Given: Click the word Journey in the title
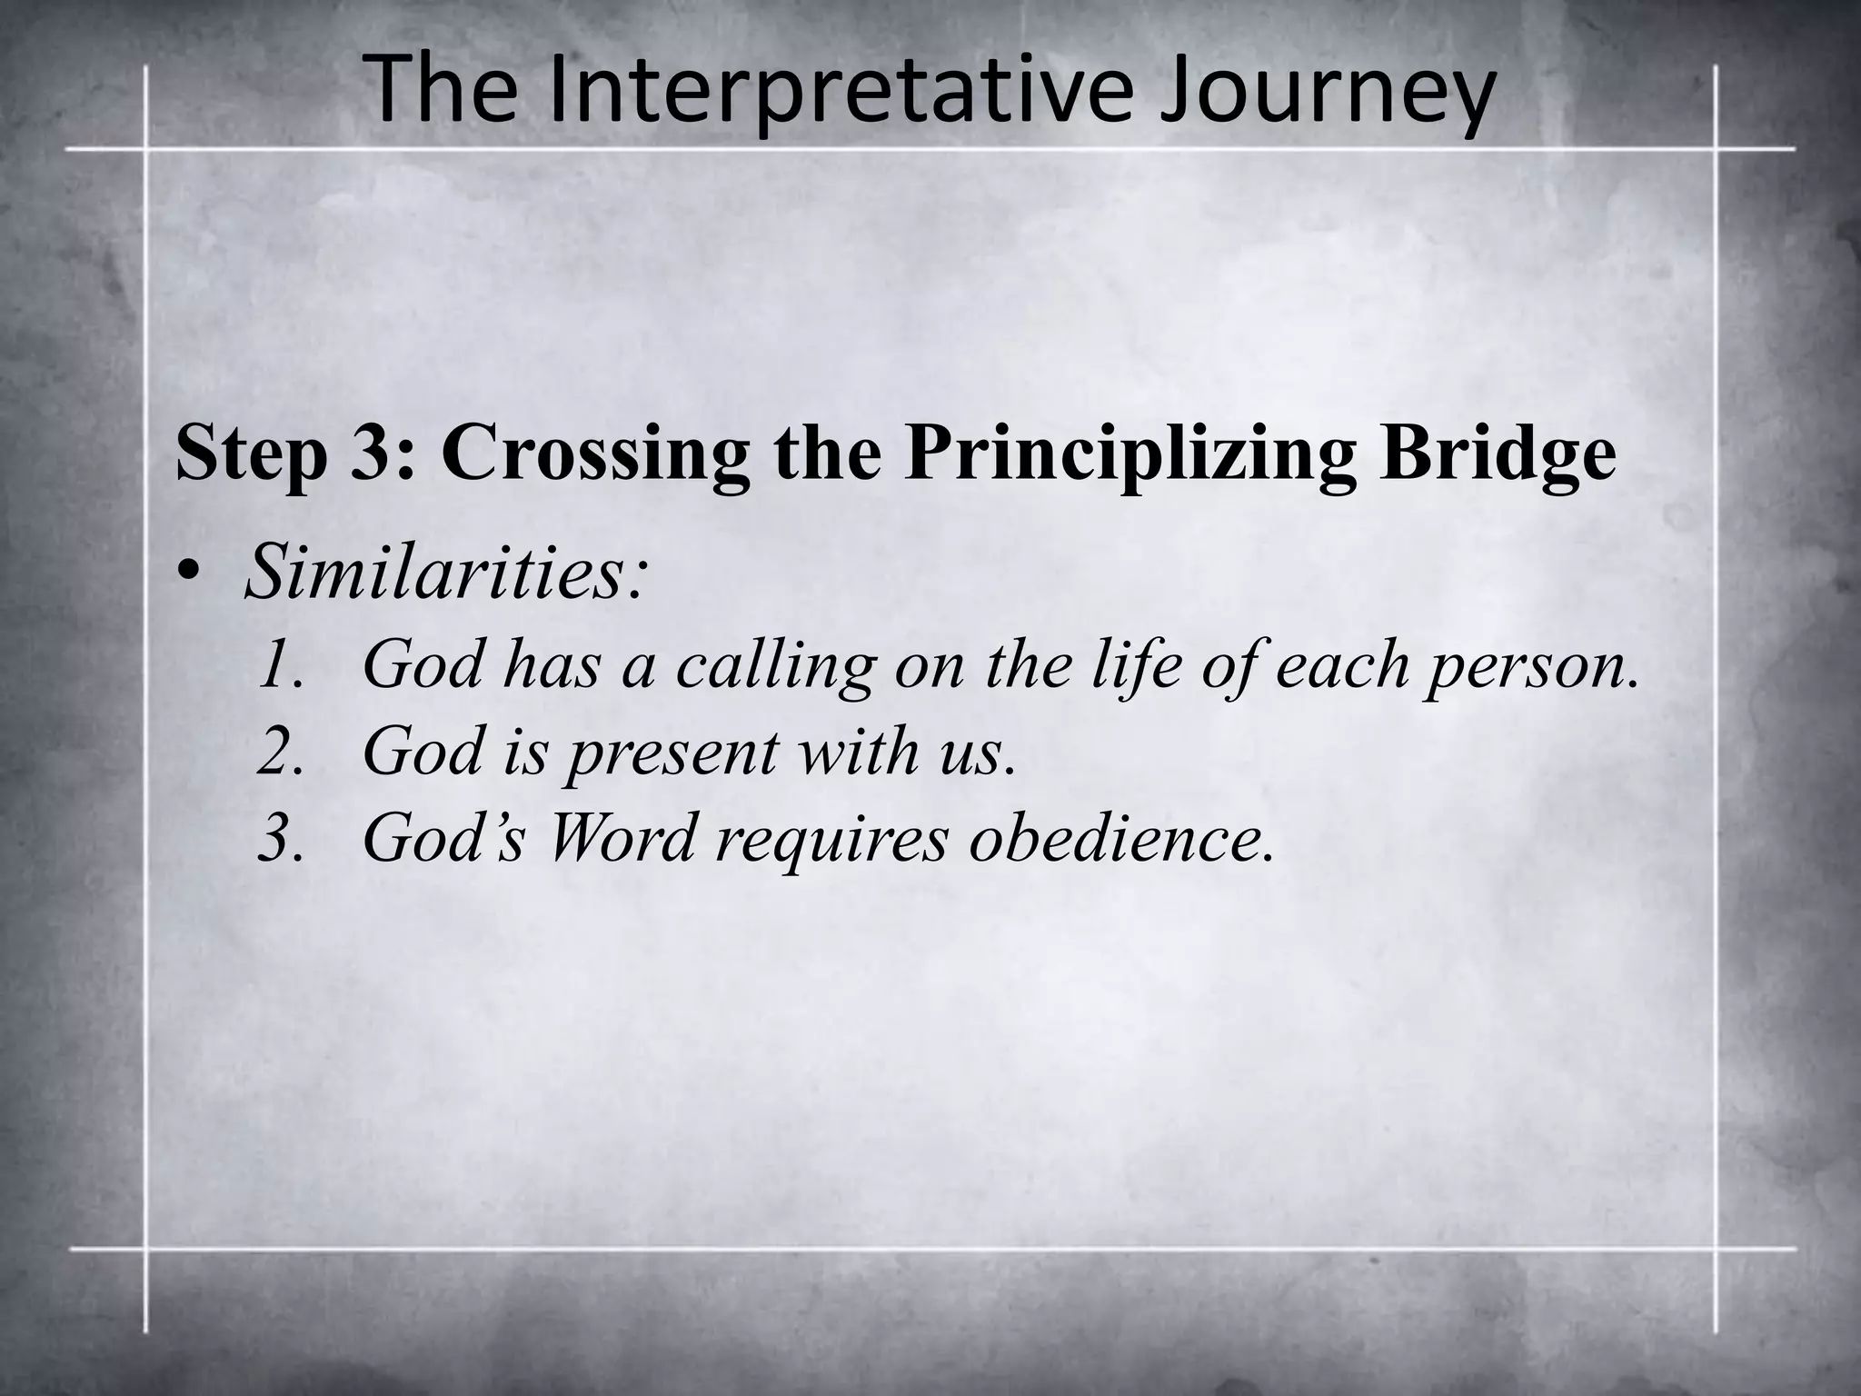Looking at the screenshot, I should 1327,91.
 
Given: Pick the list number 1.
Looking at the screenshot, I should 278,663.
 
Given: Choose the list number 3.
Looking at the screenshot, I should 278,838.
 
